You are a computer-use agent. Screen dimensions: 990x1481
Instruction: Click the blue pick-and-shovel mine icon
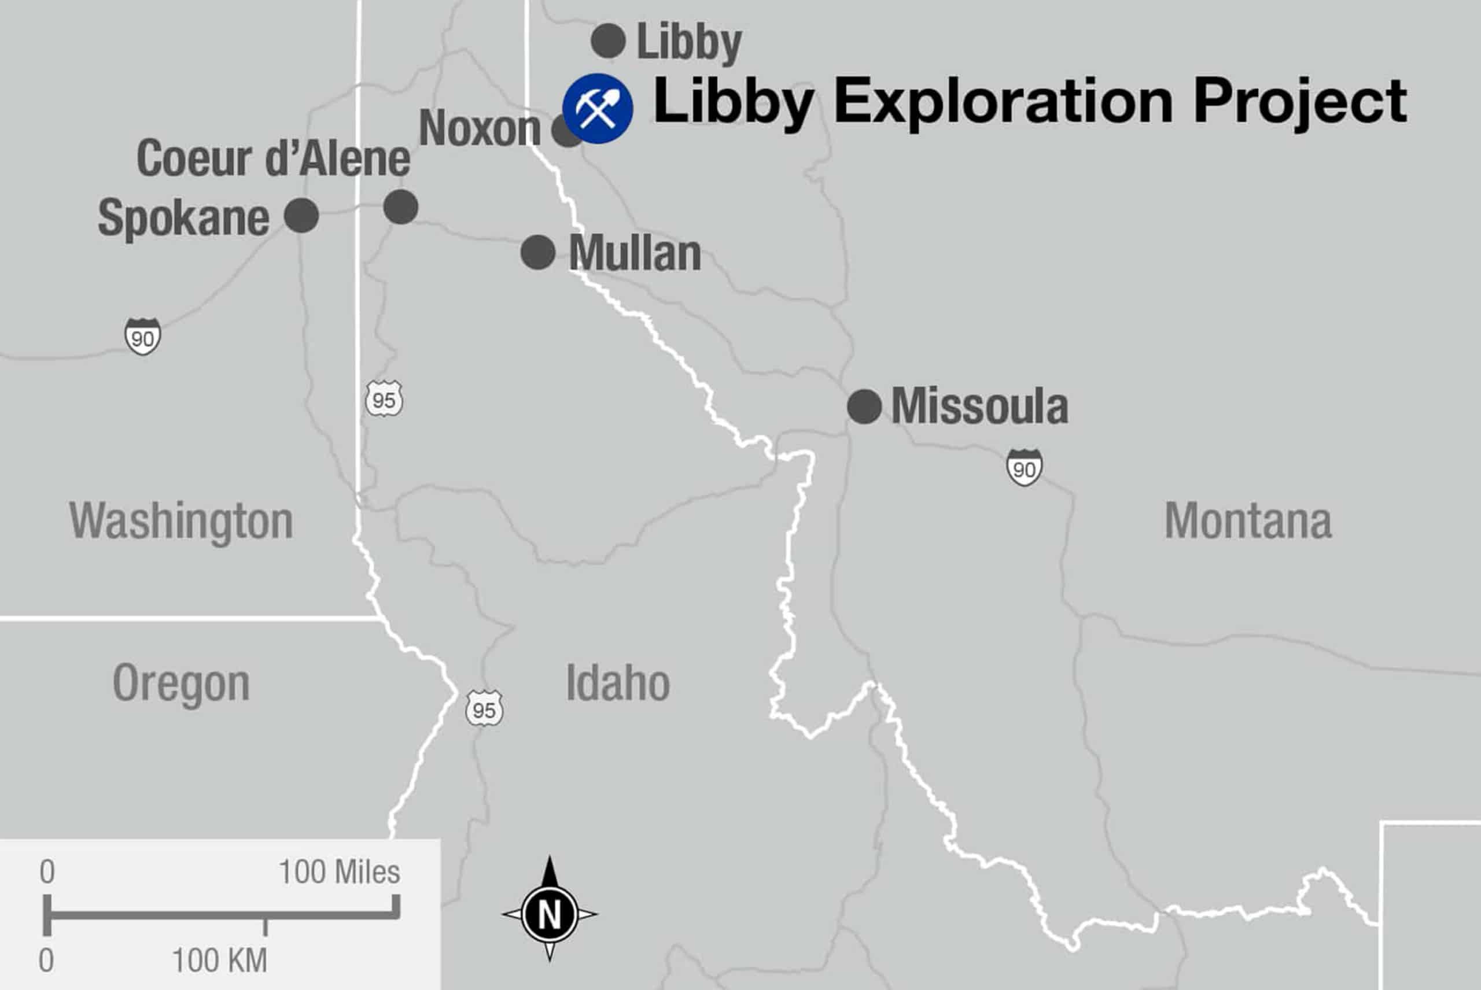pyautogui.click(x=598, y=108)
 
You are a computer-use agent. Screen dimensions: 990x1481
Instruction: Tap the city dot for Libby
pyautogui.click(x=608, y=41)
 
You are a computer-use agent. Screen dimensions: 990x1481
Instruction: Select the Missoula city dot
pyautogui.click(x=864, y=406)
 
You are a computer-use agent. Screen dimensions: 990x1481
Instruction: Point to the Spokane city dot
pyautogui.click(x=301, y=215)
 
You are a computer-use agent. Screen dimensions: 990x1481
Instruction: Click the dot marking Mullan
pyautogui.click(x=537, y=252)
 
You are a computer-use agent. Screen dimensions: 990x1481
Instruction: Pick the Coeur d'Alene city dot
pyautogui.click(x=400, y=206)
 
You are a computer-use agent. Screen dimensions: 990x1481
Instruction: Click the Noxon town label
pyautogui.click(x=480, y=128)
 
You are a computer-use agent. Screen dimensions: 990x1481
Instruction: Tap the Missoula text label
pyautogui.click(x=979, y=406)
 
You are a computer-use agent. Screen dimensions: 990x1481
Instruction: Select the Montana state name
pyautogui.click(x=1248, y=521)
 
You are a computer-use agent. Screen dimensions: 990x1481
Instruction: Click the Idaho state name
pyautogui.click(x=618, y=683)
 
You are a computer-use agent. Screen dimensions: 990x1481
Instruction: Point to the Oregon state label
pyautogui.click(x=181, y=684)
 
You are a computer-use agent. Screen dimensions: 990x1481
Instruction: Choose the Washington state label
pyautogui.click(x=181, y=521)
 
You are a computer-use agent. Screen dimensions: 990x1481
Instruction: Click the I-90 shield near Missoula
pyautogui.click(x=1024, y=468)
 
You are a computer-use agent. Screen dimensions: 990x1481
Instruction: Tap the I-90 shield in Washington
pyautogui.click(x=143, y=337)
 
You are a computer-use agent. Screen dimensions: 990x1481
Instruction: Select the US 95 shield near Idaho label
pyautogui.click(x=484, y=708)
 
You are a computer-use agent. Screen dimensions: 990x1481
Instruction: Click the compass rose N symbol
pyautogui.click(x=550, y=914)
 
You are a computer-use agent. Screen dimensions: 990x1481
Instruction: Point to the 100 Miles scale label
pyautogui.click(x=339, y=872)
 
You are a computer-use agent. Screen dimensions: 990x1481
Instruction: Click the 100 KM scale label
pyautogui.click(x=220, y=961)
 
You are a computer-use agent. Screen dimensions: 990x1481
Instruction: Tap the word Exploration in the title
pyautogui.click(x=1003, y=102)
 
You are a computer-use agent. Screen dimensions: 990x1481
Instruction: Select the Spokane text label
pyautogui.click(x=184, y=218)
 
